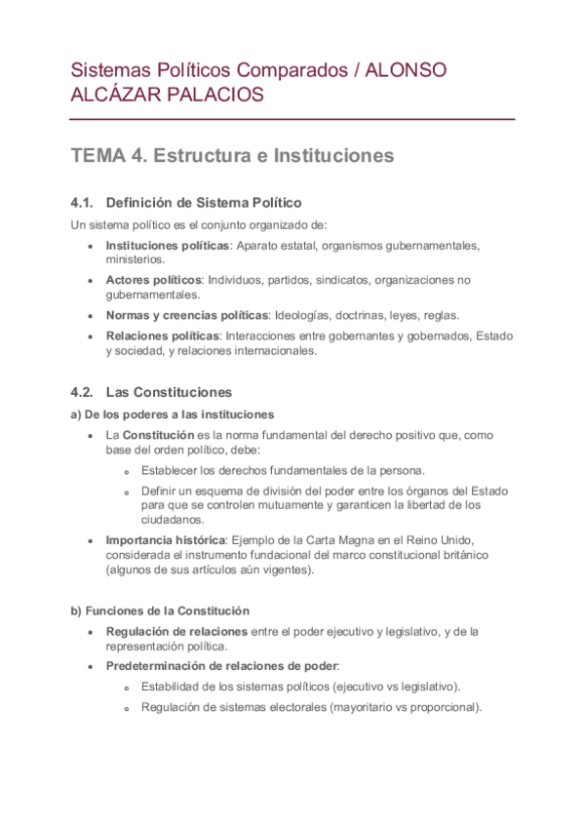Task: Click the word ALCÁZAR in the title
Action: point(124,96)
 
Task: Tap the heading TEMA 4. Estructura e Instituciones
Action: point(232,156)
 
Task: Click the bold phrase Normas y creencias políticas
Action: point(186,315)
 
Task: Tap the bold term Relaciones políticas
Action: point(162,336)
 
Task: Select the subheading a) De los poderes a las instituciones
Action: point(173,413)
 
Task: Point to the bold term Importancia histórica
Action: point(165,540)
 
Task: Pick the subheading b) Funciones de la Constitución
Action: point(159,610)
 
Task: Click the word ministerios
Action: point(136,259)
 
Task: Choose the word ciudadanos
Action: point(172,520)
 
